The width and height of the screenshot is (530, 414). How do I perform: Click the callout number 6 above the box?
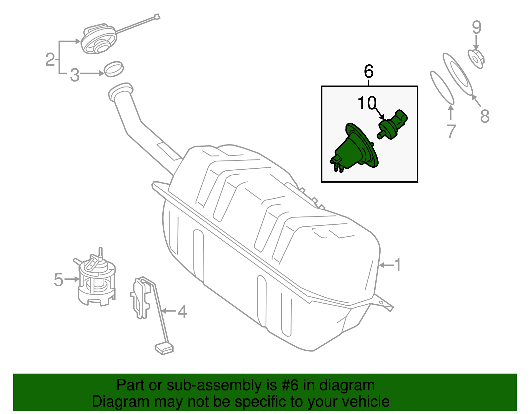pos(369,71)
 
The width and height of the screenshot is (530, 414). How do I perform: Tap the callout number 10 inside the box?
pos(367,103)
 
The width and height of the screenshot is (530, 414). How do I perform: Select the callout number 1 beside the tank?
pos(397,265)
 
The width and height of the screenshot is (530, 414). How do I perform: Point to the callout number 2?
pos(50,60)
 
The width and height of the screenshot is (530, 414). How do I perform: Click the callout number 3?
pos(75,75)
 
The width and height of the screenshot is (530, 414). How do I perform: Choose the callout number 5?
pos(58,280)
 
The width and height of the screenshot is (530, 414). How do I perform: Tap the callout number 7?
pos(451,131)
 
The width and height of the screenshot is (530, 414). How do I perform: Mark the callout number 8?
pos(485,116)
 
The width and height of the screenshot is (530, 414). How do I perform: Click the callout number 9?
pos(476,27)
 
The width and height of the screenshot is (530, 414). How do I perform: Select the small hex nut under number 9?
pos(476,59)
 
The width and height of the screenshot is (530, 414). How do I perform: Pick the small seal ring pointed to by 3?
pos(114,69)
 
